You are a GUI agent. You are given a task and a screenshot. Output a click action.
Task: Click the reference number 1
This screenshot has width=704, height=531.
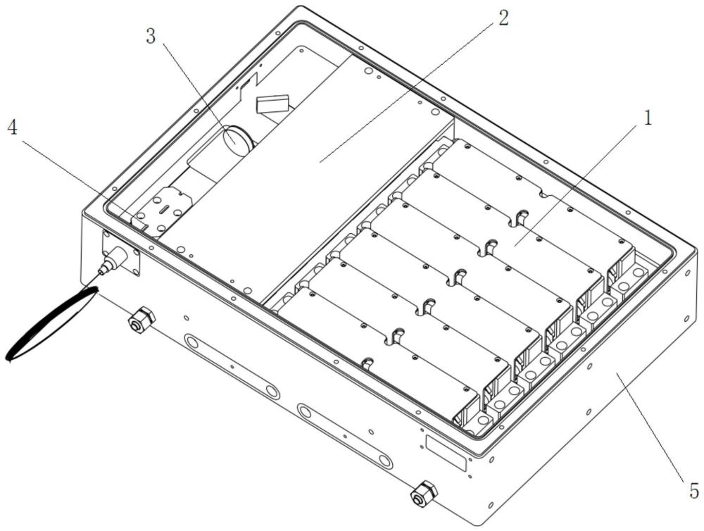pyautogui.click(x=648, y=118)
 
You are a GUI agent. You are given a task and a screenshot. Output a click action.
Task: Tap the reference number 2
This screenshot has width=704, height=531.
pyautogui.click(x=504, y=18)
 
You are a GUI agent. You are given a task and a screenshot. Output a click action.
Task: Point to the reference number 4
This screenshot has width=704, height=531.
pyautogui.click(x=12, y=128)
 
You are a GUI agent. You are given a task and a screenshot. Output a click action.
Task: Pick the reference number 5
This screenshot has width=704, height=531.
pyautogui.click(x=693, y=490)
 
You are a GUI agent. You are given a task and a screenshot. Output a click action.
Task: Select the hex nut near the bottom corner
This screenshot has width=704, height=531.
pyautogui.click(x=424, y=494)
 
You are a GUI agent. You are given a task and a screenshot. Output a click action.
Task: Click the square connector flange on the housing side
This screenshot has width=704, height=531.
pyautogui.click(x=121, y=253)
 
